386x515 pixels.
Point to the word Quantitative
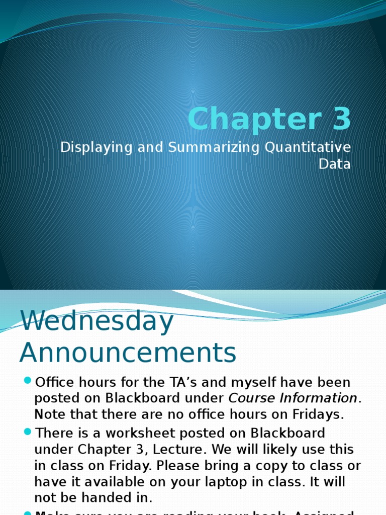308,148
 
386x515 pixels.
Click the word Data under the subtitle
335,163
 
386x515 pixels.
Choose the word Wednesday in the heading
96,322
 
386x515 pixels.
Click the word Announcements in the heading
128,353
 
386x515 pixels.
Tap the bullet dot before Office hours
27,380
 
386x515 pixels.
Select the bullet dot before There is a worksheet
27,431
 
